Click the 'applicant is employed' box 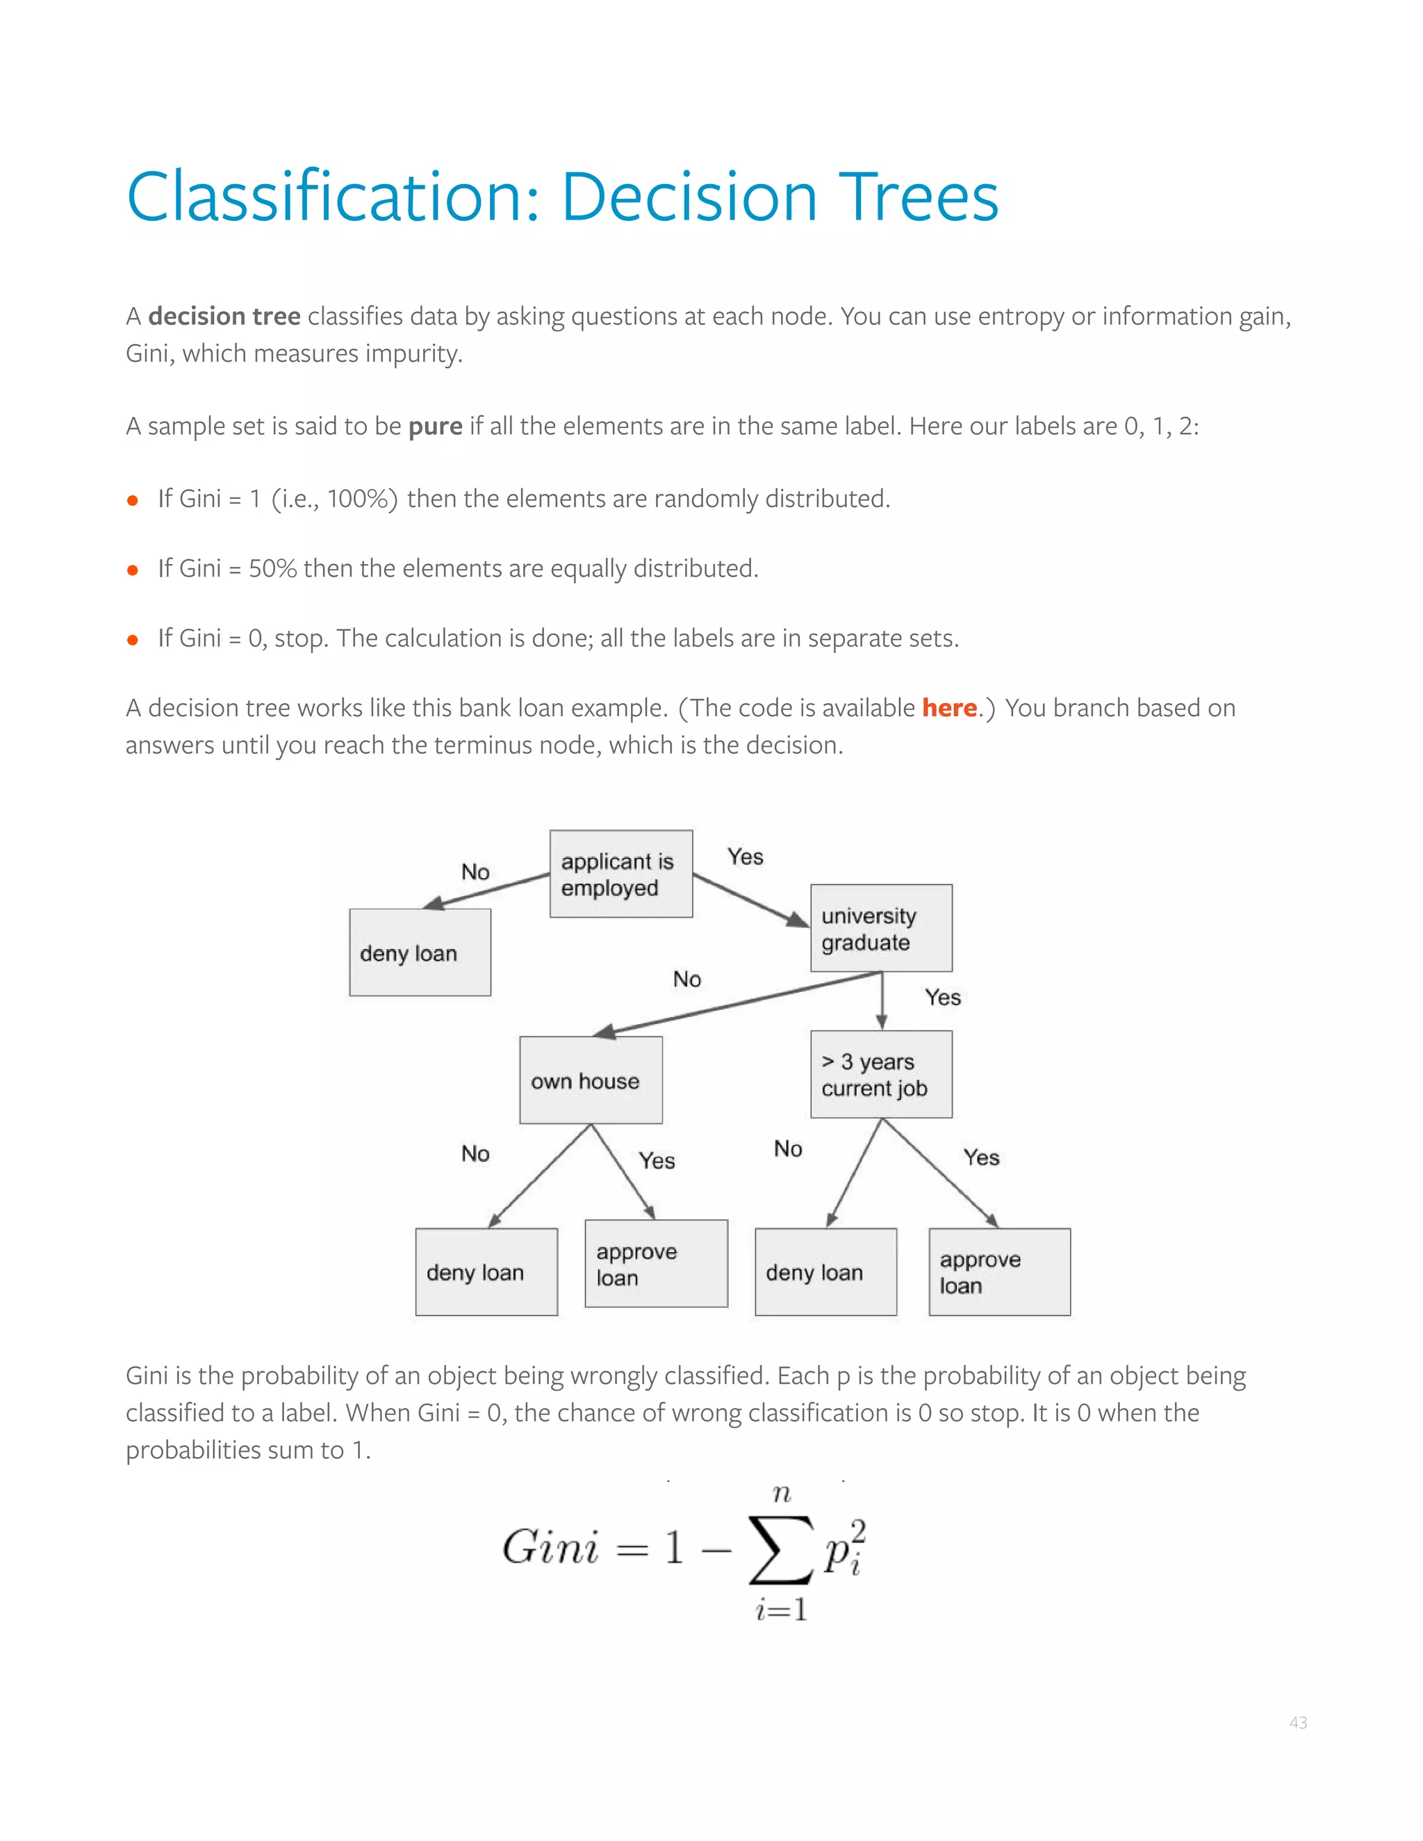tap(620, 873)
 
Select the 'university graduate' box tap(881, 928)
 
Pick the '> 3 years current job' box tap(881, 1074)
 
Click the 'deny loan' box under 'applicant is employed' tap(420, 952)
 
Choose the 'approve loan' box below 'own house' tap(656, 1263)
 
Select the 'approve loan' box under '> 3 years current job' tap(999, 1271)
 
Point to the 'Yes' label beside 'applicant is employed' tap(746, 857)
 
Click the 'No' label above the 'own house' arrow tap(687, 980)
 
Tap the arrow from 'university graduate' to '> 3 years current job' tap(882, 1001)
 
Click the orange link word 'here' tap(948, 708)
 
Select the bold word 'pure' tap(435, 427)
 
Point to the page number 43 tap(1297, 1723)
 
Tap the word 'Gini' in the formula tap(550, 1548)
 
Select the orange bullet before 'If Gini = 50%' tap(132, 570)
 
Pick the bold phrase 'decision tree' tap(224, 316)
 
